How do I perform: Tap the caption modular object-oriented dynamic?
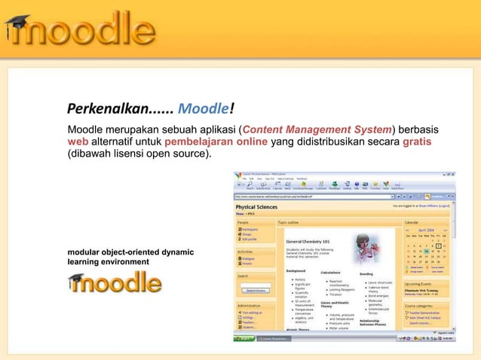131,251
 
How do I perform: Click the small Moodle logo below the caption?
116,283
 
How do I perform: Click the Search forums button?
255,290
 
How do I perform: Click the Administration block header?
250,306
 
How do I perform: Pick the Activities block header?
246,253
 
